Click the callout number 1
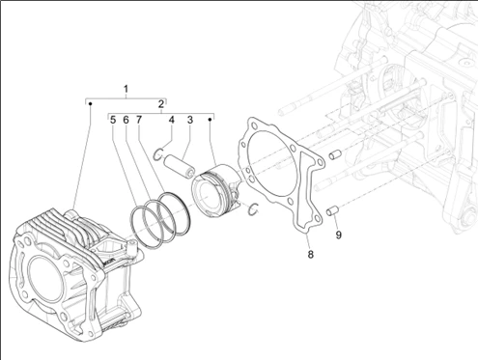(x=127, y=89)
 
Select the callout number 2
(x=161, y=104)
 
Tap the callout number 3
(x=190, y=120)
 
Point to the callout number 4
(x=172, y=120)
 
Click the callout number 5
(x=113, y=120)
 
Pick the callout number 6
(x=126, y=120)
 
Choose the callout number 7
(x=139, y=120)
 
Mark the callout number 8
(x=310, y=254)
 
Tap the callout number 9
(x=338, y=235)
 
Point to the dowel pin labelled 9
(x=332, y=211)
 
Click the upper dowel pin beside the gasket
(x=335, y=154)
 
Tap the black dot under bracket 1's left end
(x=91, y=103)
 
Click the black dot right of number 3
(x=210, y=120)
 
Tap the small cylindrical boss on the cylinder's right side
(x=132, y=246)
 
